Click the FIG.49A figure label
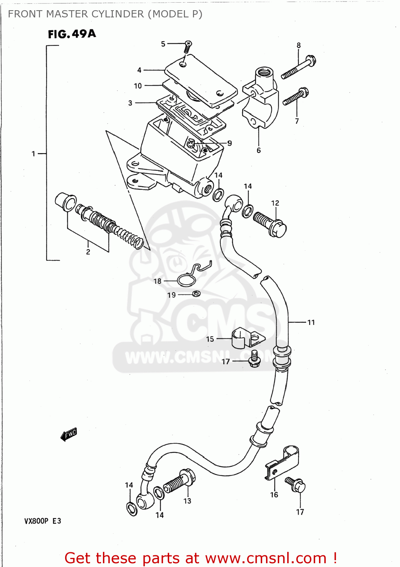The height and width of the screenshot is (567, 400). (x=72, y=34)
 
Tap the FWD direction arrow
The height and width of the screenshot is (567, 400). (x=69, y=435)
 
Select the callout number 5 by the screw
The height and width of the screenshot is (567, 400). (x=163, y=44)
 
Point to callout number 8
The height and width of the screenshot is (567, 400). (x=299, y=45)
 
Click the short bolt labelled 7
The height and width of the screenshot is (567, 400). (x=296, y=96)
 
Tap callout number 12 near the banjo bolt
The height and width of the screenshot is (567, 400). (x=275, y=203)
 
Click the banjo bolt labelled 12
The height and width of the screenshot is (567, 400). (x=270, y=223)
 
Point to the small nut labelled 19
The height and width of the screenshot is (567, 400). (x=196, y=294)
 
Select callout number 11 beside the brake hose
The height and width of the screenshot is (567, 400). (x=311, y=322)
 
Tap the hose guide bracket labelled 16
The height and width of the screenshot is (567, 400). (x=283, y=463)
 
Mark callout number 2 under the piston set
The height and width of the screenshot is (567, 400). (x=88, y=252)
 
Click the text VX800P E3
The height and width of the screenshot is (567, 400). (x=43, y=521)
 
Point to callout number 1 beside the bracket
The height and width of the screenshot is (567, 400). (x=33, y=153)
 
